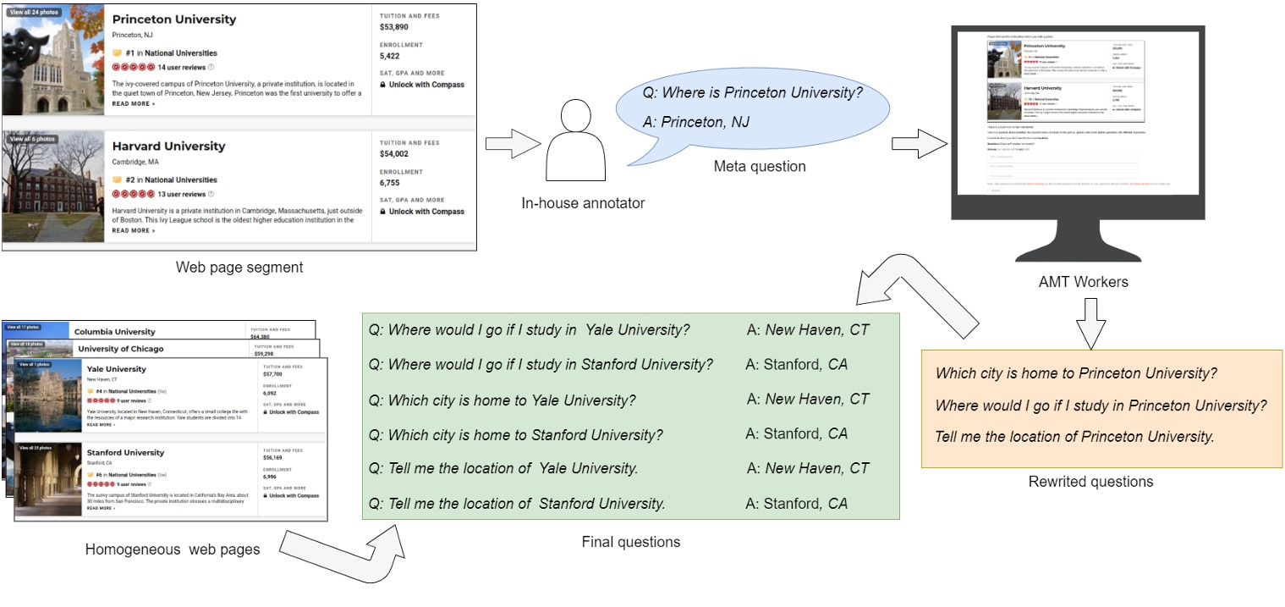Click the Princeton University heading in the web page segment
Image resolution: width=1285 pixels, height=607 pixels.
[174, 19]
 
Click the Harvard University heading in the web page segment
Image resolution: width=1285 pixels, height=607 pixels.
[169, 146]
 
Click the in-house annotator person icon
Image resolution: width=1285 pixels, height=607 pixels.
[576, 139]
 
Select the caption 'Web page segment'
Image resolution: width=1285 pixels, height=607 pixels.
[239, 268]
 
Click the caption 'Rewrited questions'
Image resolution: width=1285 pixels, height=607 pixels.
[1090, 482]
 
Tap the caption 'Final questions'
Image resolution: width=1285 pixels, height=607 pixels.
[630, 542]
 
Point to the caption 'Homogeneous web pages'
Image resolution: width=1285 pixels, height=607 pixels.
[173, 549]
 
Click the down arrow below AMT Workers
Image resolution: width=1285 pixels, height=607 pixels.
[1090, 322]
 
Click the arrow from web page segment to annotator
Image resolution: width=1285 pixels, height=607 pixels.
[513, 139]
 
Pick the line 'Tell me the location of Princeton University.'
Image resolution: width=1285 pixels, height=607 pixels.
[1074, 437]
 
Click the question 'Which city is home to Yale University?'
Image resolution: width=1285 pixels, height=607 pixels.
[502, 400]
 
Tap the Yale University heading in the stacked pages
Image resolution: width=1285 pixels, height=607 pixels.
[116, 369]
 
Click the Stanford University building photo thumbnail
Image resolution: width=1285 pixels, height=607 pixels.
[48, 479]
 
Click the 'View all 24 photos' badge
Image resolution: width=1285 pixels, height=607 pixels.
[34, 13]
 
